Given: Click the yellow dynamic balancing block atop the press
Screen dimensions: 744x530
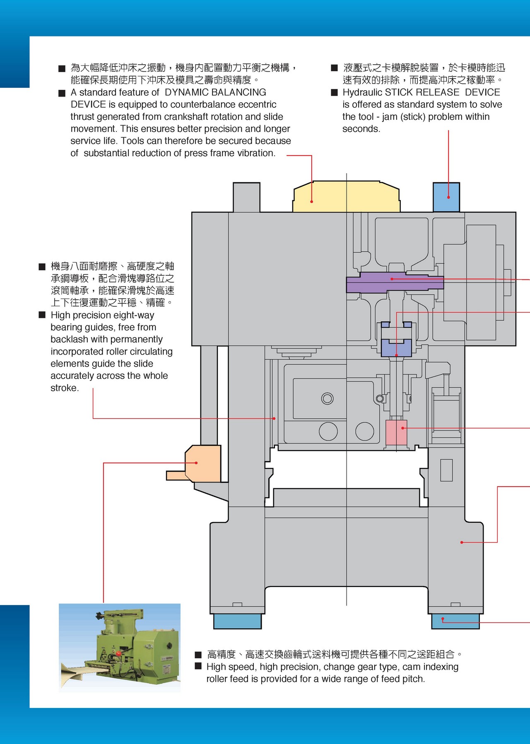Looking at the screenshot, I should pos(346,197).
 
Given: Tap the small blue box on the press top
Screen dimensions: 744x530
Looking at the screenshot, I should pos(446,197).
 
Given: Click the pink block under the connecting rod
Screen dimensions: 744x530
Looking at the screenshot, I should pos(396,433).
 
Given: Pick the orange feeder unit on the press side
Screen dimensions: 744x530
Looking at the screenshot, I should pos(203,464).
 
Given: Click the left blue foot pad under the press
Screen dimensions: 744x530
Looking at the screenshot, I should pos(237,621).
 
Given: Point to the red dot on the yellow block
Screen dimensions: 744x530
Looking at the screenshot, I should pos(312,201).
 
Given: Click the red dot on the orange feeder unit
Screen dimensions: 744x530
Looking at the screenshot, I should pos(196,463).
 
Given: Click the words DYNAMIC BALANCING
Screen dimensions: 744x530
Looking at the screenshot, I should pos(215,92).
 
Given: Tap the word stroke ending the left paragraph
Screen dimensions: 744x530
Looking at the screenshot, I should pos(64,388).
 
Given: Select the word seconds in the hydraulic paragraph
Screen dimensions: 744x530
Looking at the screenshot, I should pos(361,129).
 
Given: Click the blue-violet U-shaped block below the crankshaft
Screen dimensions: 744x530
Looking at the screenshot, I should pos(396,347).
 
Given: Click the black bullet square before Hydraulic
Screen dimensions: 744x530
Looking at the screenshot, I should pos(335,92).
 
